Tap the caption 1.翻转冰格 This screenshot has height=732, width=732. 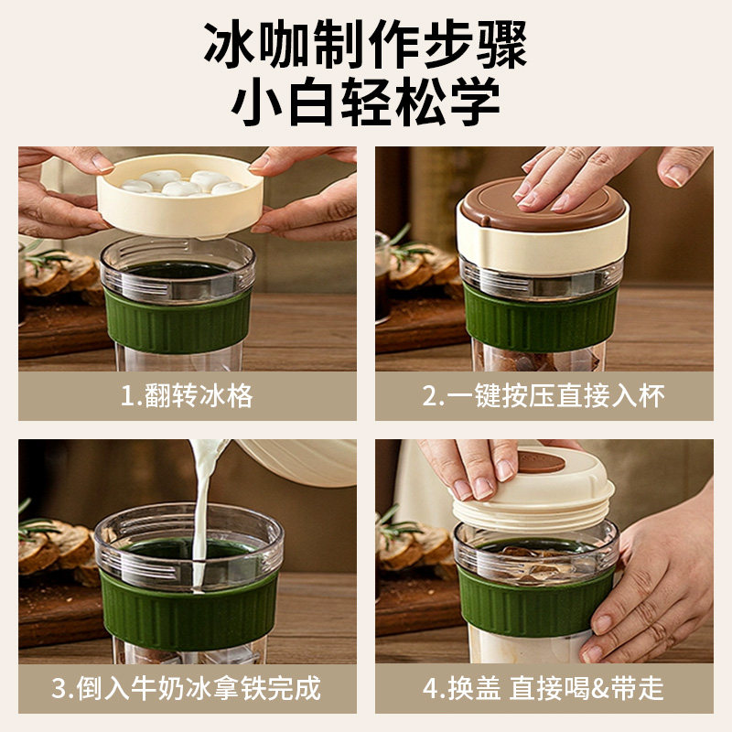point(187,395)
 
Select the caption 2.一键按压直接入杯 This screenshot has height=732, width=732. point(544,395)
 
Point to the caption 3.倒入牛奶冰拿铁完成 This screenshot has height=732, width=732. point(187,687)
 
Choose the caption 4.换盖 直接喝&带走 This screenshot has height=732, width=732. point(544,687)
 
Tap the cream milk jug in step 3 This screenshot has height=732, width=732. point(293,462)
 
